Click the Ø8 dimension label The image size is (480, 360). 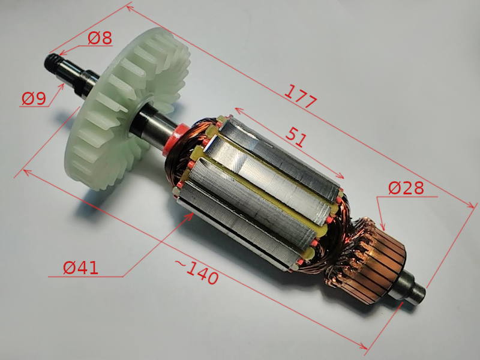[x=100, y=38]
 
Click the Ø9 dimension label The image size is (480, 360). [x=34, y=98]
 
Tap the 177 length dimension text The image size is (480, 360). [x=301, y=97]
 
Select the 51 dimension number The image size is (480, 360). [x=296, y=137]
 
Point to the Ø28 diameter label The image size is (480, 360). [x=406, y=188]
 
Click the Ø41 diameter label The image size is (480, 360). [x=81, y=268]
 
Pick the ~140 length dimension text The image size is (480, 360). [x=197, y=272]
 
